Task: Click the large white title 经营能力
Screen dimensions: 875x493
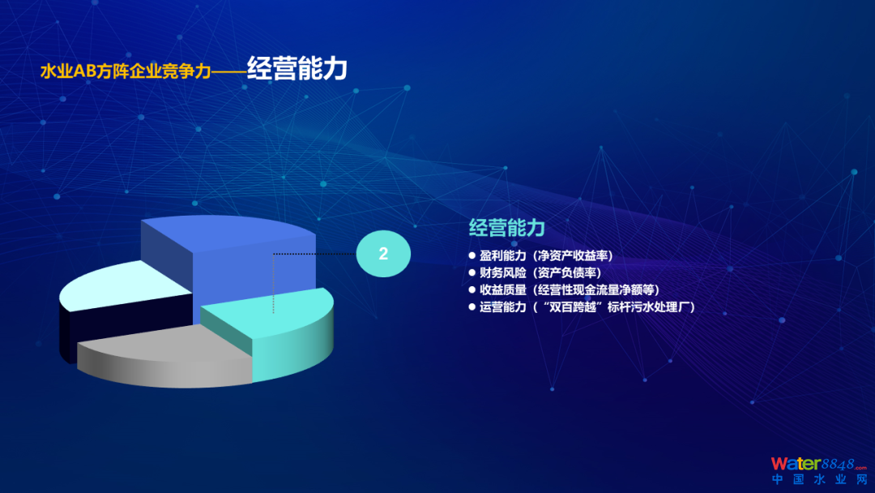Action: click(297, 69)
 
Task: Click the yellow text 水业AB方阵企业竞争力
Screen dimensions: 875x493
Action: click(126, 71)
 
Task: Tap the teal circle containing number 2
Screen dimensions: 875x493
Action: click(383, 254)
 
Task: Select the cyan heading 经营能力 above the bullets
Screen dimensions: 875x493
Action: click(506, 228)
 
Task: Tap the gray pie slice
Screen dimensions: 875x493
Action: click(168, 358)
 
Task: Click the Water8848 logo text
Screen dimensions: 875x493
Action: click(819, 464)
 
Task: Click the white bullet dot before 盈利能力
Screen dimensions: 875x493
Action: click(472, 255)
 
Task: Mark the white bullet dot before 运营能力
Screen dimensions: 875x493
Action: click(472, 307)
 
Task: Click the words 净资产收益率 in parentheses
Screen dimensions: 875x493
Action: click(573, 255)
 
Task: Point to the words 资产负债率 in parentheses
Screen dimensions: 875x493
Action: click(567, 273)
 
